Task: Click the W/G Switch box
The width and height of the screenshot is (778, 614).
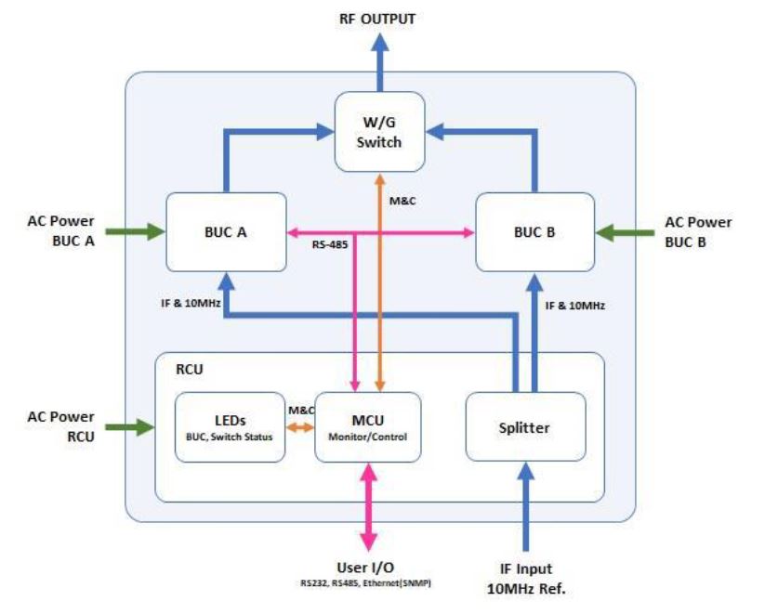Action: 381,130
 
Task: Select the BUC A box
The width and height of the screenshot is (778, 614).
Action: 227,233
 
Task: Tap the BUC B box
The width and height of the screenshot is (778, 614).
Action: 534,233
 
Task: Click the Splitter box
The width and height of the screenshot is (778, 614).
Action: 525,426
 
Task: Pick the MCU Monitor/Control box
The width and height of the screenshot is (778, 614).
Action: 367,426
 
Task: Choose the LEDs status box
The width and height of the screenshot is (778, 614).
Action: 228,426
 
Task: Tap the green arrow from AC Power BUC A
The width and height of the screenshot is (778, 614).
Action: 134,233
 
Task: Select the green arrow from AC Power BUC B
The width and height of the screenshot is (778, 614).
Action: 625,233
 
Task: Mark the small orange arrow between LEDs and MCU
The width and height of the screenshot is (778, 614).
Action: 298,427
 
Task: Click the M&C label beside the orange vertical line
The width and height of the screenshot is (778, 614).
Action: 402,199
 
